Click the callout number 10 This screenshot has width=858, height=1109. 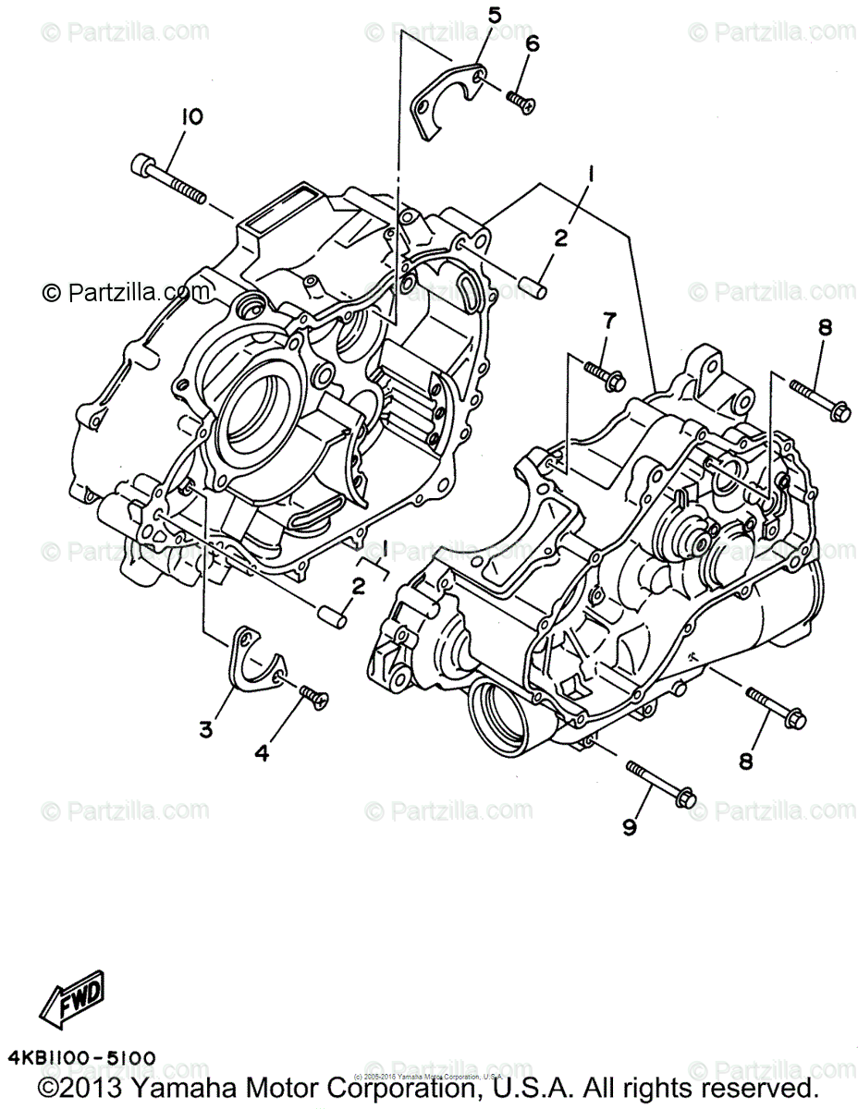pos(192,117)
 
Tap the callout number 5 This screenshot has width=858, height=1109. pos(495,15)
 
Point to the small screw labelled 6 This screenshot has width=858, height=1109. pos(521,101)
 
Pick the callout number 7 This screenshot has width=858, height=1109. pos(609,321)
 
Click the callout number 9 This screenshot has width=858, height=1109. pos(630,828)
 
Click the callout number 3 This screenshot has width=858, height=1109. pos(205,730)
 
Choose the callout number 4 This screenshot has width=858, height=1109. pos(262,753)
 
